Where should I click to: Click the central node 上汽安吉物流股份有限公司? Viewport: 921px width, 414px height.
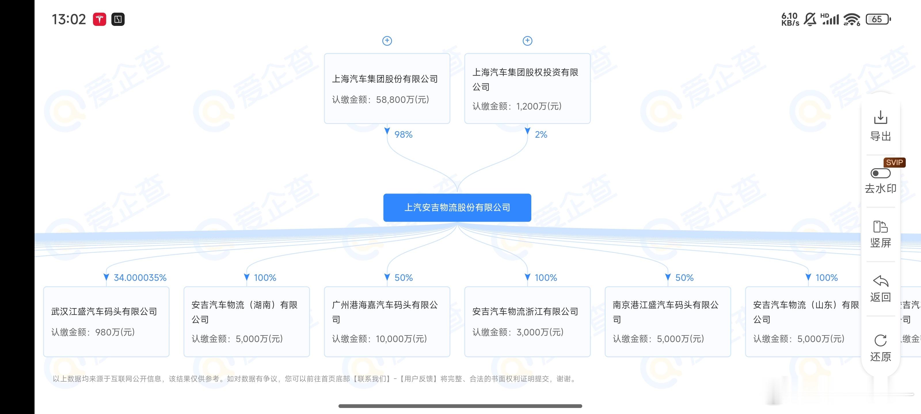tap(457, 208)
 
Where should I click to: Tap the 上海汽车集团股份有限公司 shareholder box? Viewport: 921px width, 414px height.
tap(387, 89)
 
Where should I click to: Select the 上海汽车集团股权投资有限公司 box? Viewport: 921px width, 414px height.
tap(527, 89)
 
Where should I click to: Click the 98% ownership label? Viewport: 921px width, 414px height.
tap(403, 135)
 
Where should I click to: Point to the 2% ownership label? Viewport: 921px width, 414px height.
tap(541, 135)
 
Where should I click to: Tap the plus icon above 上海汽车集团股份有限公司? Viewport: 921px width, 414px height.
tap(387, 41)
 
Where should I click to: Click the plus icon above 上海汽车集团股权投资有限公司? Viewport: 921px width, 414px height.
tap(527, 41)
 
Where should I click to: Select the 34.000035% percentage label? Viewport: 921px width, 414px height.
tap(140, 277)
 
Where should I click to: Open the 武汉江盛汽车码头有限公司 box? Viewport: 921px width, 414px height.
tap(106, 321)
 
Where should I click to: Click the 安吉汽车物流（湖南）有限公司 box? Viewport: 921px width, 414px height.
tap(246, 321)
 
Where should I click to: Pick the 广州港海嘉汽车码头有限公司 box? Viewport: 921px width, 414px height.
tap(387, 321)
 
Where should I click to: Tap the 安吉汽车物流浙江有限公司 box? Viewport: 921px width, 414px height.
tap(527, 321)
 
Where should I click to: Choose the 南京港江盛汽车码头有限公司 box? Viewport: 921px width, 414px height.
tap(667, 321)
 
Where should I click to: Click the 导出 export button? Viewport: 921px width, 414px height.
tap(880, 125)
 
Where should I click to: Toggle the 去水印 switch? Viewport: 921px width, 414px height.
tap(880, 174)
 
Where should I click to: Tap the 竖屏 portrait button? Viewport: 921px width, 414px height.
tap(880, 234)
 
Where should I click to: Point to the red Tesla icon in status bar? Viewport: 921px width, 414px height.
tap(99, 19)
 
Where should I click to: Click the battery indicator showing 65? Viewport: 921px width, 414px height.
tap(878, 19)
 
